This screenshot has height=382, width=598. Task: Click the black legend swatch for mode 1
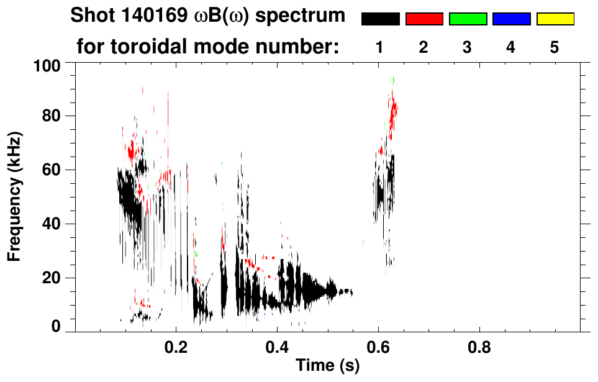380,19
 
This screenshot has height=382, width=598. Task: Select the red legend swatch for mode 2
424,19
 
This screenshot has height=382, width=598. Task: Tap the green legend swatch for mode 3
468,19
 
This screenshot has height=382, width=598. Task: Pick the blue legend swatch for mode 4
511,19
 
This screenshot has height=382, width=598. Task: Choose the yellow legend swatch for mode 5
555,19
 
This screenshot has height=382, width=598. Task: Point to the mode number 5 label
555,47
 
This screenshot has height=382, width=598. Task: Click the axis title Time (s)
327,365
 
